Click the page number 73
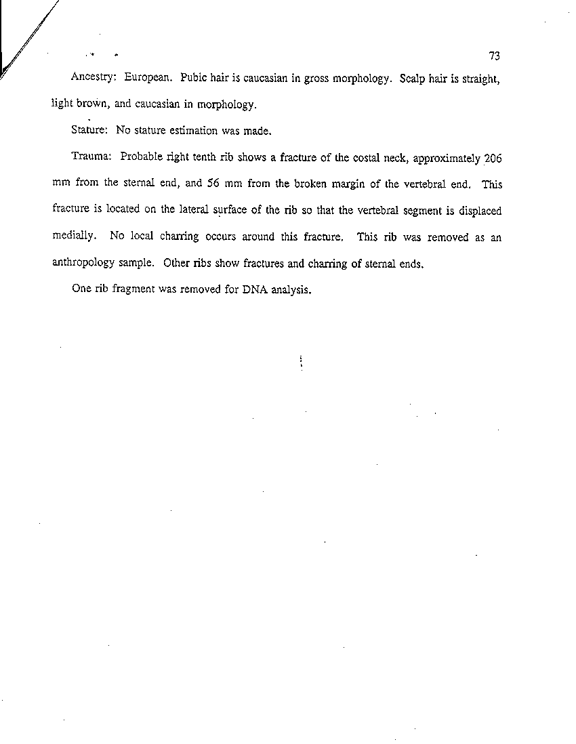pyautogui.click(x=493, y=56)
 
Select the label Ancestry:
pyautogui.click(x=95, y=78)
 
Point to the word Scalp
pyautogui.click(x=413, y=77)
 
